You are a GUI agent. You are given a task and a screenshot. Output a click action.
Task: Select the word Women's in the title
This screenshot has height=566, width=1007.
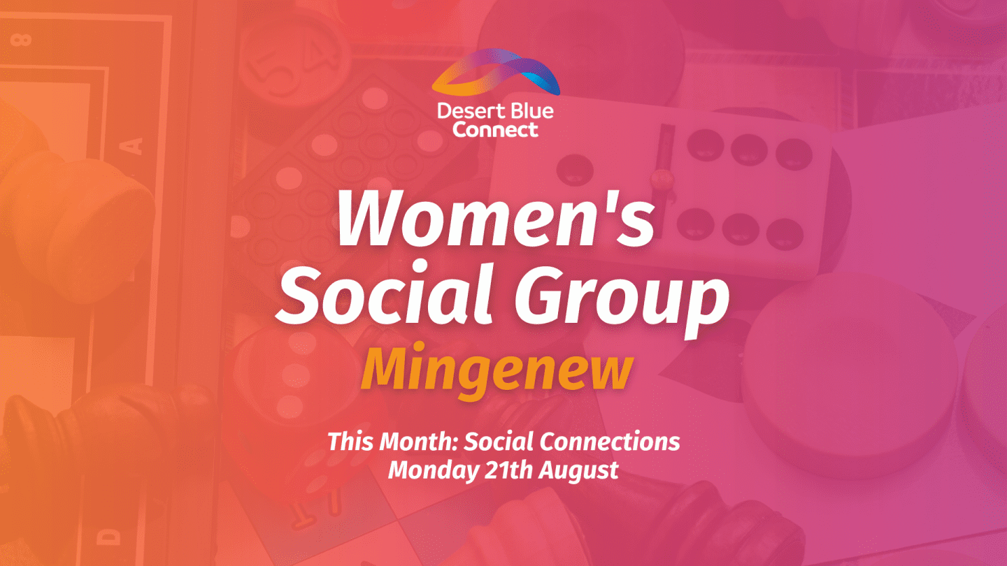497,217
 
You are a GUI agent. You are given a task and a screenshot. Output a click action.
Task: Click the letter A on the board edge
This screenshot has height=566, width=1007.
134,146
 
